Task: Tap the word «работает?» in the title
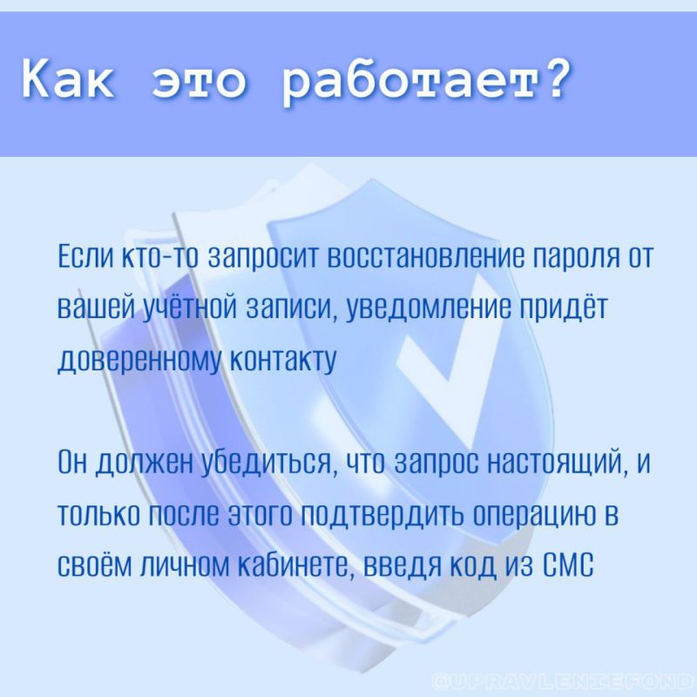[x=427, y=82]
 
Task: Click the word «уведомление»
[x=424, y=309]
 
